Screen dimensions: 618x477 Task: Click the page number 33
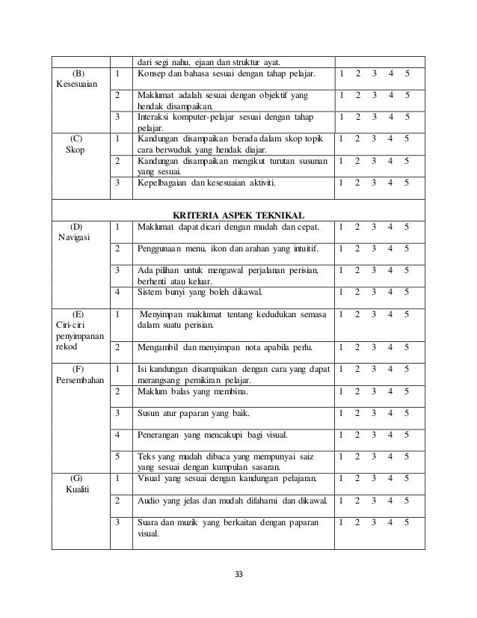pos(238,574)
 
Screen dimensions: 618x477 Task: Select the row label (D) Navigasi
pos(76,232)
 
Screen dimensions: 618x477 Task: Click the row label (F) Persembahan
pos(76,375)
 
